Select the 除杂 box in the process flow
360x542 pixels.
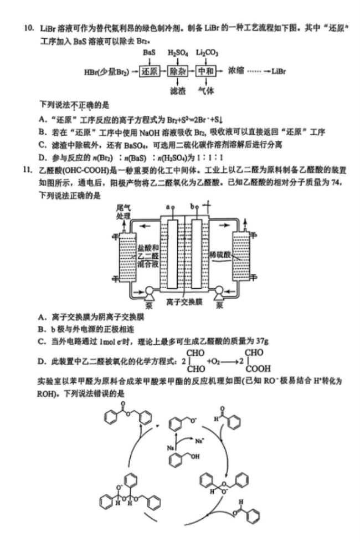pyautogui.click(x=179, y=71)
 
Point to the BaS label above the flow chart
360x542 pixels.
pyautogui.click(x=149, y=53)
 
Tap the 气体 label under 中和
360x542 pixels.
pyautogui.click(x=206, y=90)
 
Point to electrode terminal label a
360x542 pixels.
pyautogui.click(x=167, y=207)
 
